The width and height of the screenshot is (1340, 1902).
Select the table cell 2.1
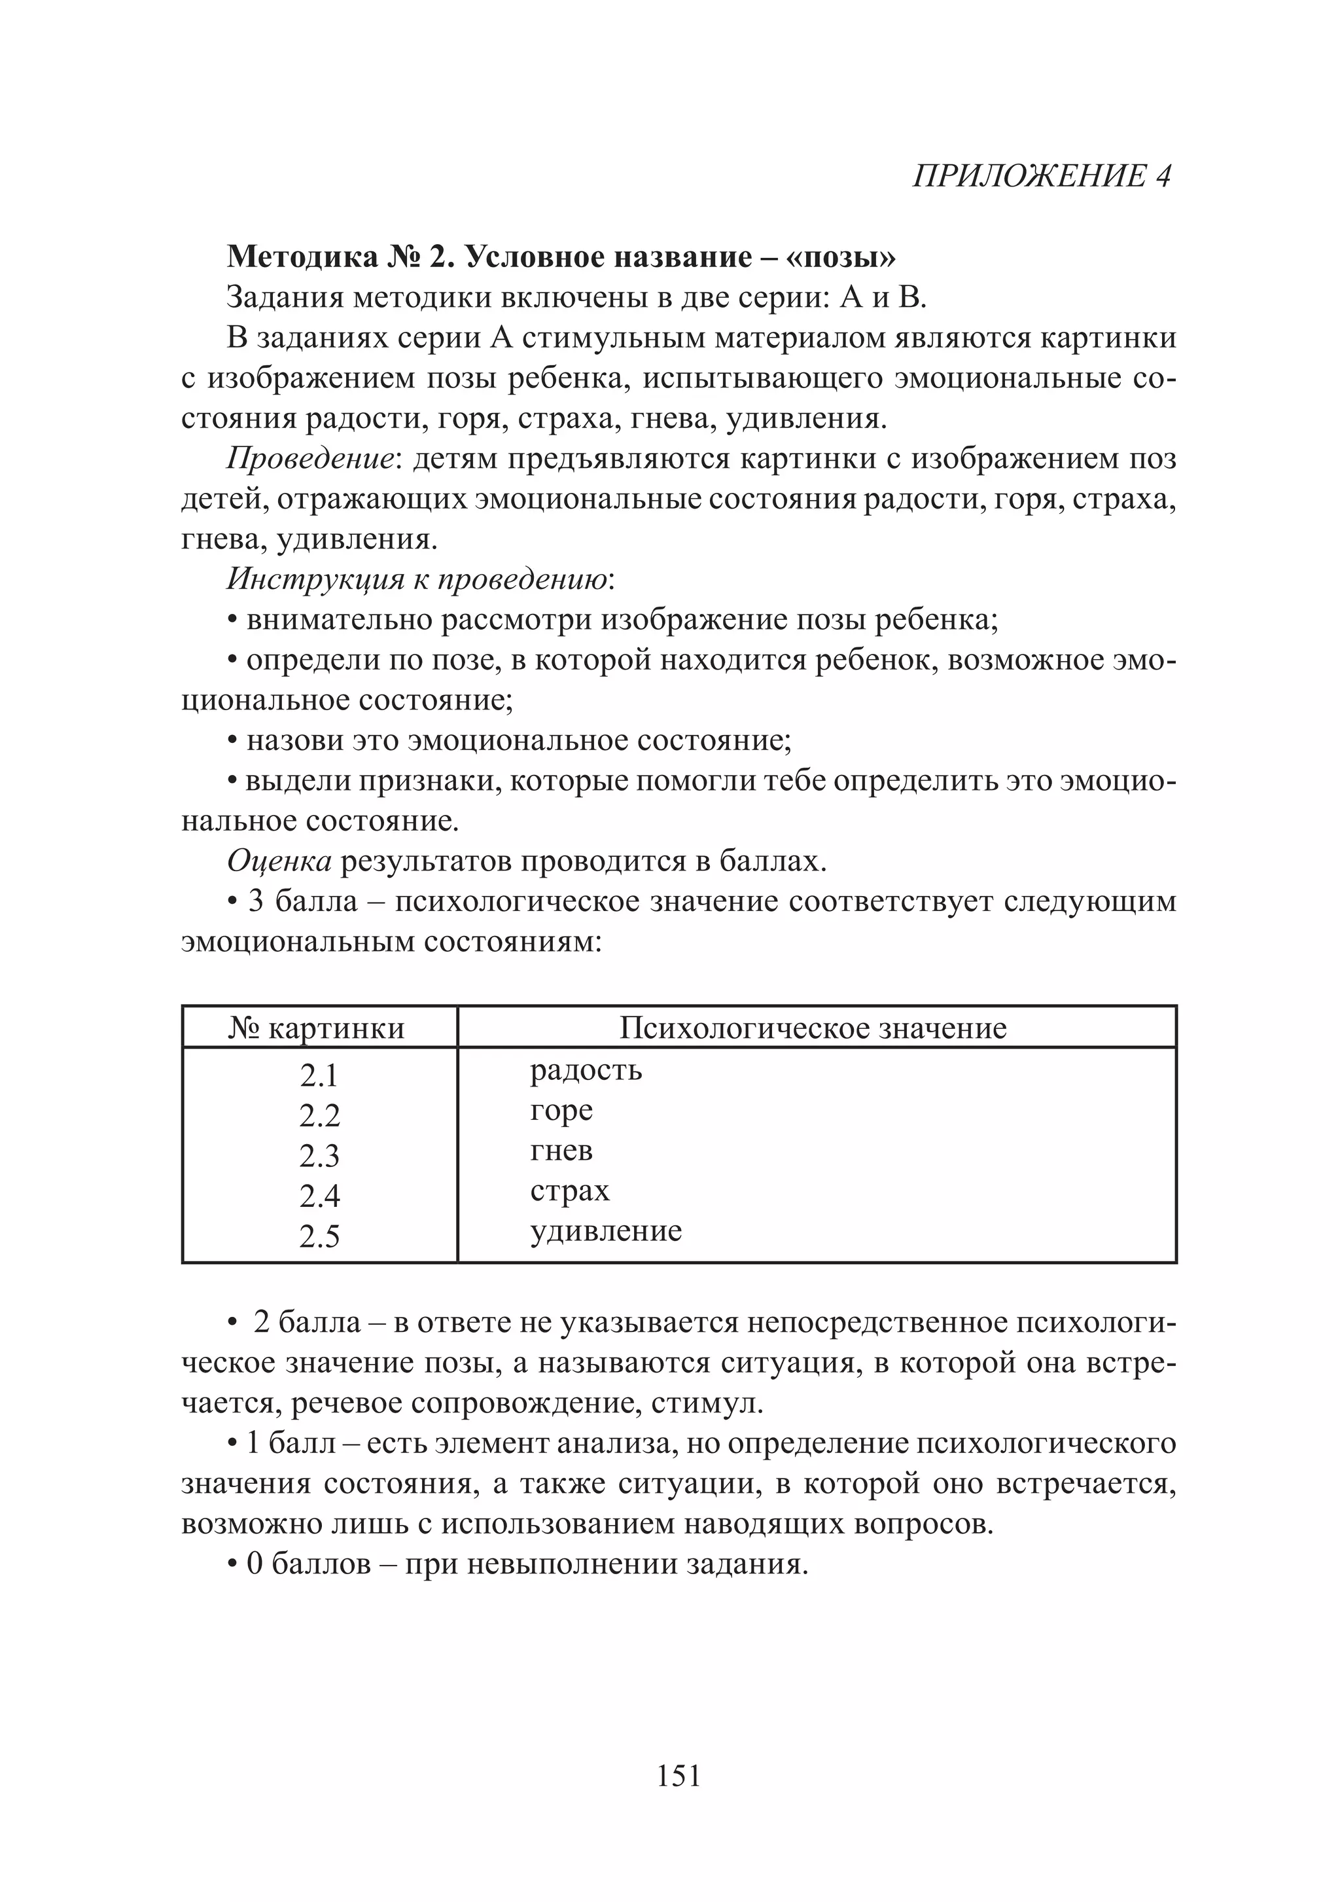pyautogui.click(x=319, y=1076)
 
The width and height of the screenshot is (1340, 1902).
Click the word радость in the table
pyautogui.click(x=586, y=1070)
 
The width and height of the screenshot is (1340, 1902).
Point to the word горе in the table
pyautogui.click(x=561, y=1110)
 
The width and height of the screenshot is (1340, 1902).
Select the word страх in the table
pyautogui.click(x=569, y=1191)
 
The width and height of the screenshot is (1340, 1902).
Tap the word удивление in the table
pyautogui.click(x=605, y=1231)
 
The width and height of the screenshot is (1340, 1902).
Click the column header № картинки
pyautogui.click(x=317, y=1028)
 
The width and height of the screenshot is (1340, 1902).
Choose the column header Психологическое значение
pyautogui.click(x=813, y=1028)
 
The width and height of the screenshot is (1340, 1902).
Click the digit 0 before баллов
pyautogui.click(x=255, y=1564)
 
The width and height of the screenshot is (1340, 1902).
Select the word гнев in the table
pyautogui.click(x=561, y=1151)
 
